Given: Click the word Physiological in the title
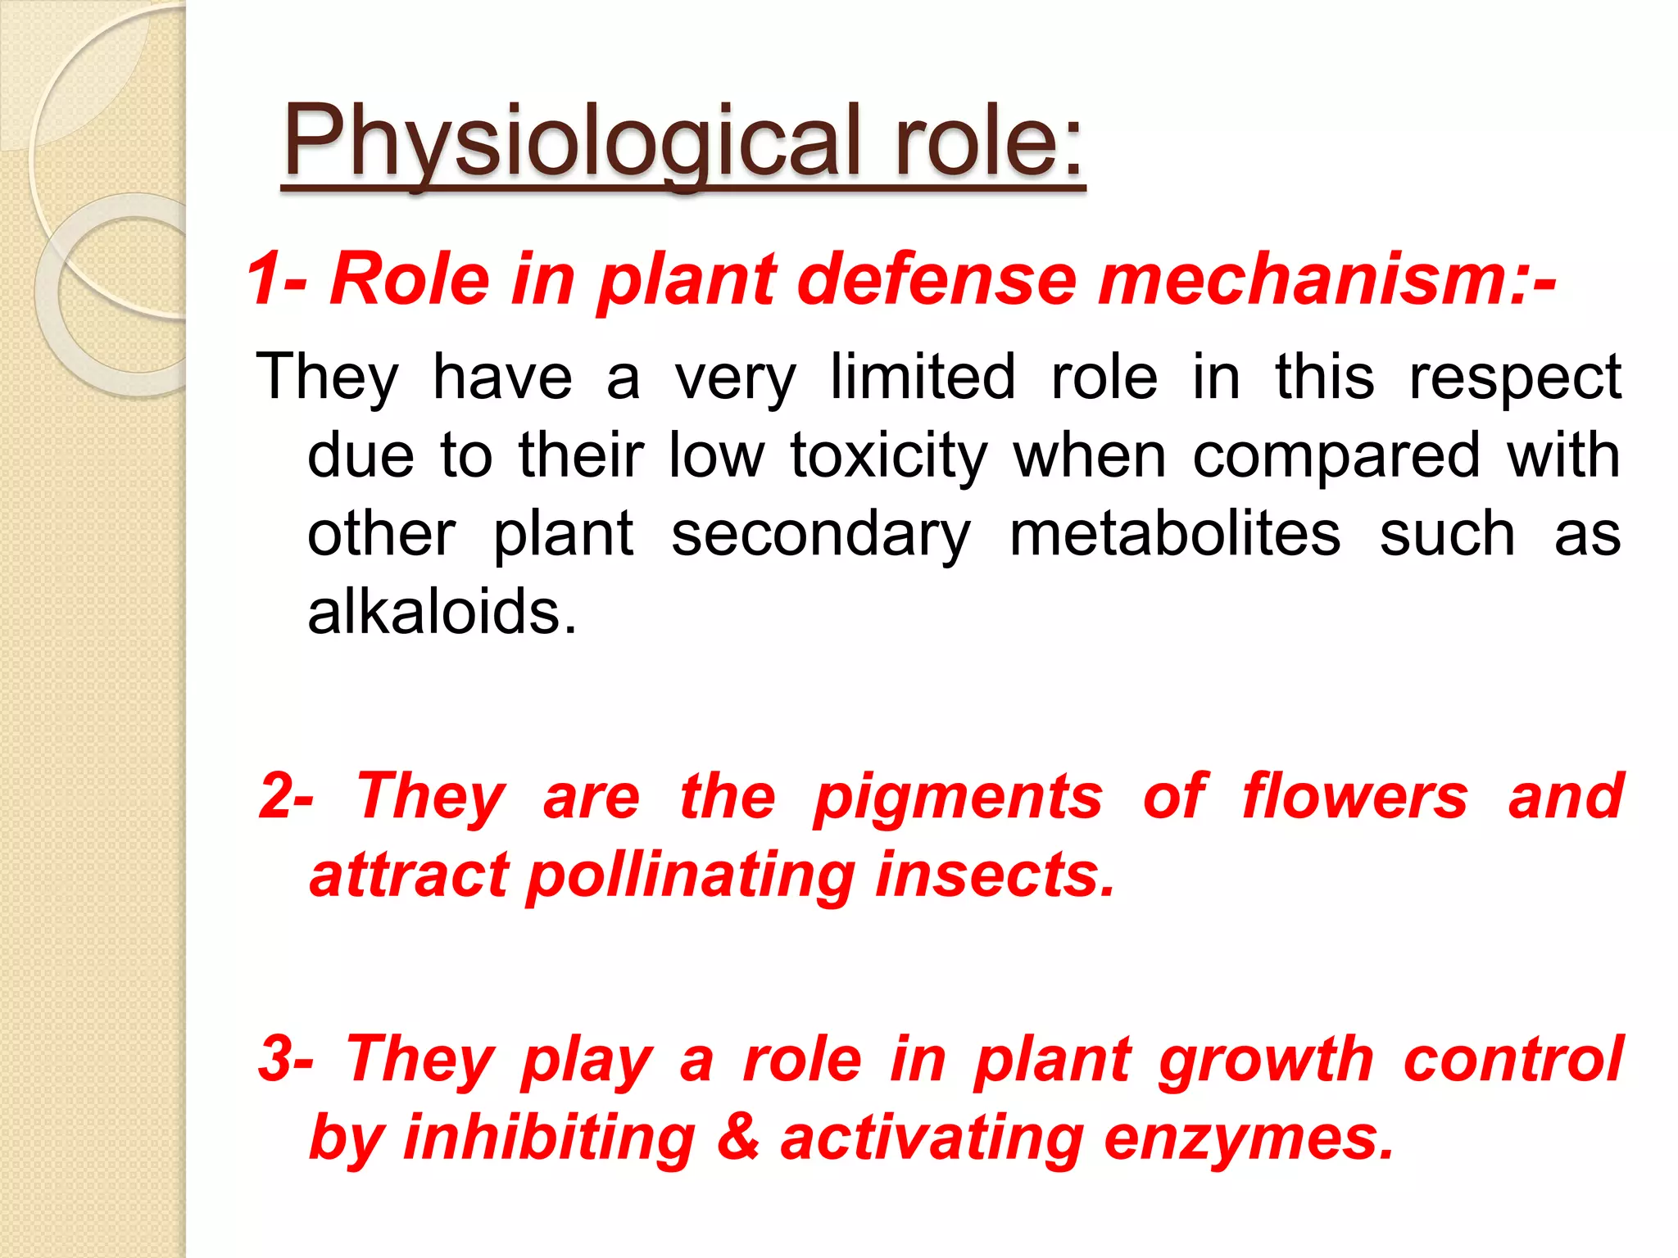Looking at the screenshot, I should point(572,141).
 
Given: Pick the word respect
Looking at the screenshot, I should point(1514,378).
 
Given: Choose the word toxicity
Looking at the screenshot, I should point(889,455).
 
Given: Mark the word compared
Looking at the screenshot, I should point(1336,455).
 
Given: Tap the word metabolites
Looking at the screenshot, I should point(1175,533).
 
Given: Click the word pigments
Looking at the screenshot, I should point(958,798).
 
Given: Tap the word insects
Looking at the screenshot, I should point(995,874).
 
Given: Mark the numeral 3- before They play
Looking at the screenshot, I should point(286,1058).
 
